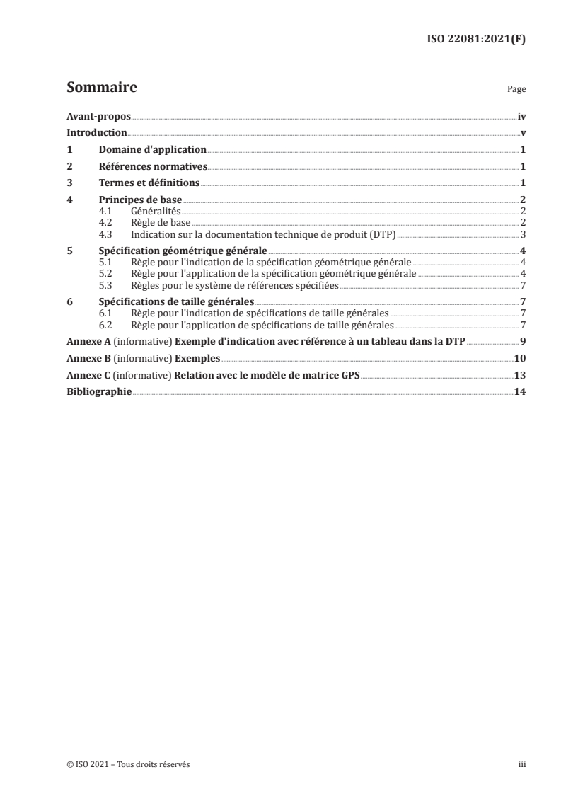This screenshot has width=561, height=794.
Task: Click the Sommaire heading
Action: tap(101, 88)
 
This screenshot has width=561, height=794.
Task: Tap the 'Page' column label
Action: tap(516, 91)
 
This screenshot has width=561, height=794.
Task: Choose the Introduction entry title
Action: tap(96, 133)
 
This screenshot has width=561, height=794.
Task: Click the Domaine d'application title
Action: tap(151, 150)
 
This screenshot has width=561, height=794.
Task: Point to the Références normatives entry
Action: tap(154, 167)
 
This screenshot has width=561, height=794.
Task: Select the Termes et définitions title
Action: tap(149, 184)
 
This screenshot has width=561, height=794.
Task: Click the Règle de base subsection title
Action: tap(157, 223)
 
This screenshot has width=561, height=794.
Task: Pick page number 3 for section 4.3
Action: tap(522, 234)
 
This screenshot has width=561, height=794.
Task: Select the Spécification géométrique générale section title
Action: tap(182, 251)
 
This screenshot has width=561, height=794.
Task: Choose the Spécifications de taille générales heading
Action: tap(175, 301)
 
